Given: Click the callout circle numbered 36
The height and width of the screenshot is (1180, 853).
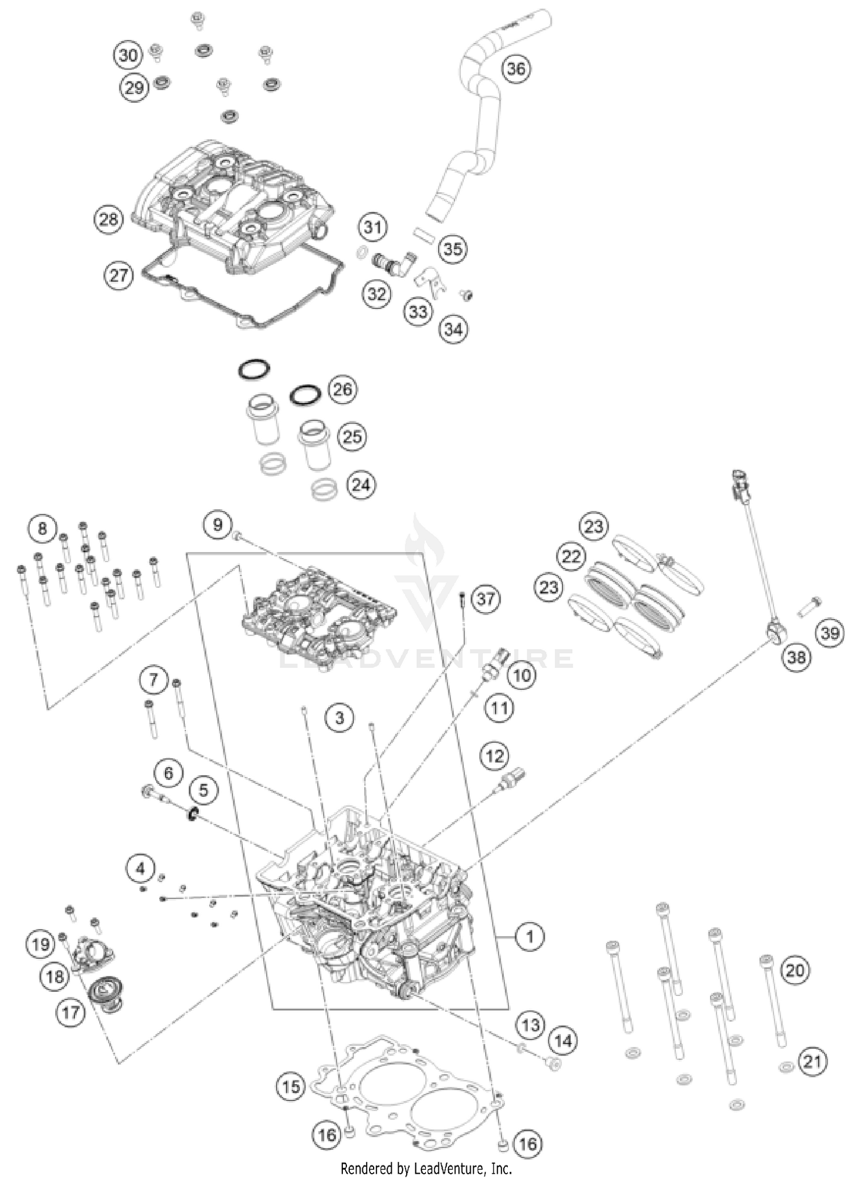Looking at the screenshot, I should pyautogui.click(x=516, y=69).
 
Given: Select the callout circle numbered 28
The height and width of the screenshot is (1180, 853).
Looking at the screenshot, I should pyautogui.click(x=109, y=219).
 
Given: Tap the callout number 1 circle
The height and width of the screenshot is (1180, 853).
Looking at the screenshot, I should pyautogui.click(x=530, y=936).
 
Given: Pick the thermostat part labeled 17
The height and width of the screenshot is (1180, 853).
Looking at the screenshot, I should pyautogui.click(x=106, y=996).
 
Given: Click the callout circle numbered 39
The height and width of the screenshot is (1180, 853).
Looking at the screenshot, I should pyautogui.click(x=830, y=633).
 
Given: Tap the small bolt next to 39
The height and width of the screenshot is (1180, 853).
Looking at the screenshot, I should pyautogui.click(x=808, y=606).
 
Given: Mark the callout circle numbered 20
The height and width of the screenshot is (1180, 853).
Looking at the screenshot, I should pyautogui.click(x=795, y=970).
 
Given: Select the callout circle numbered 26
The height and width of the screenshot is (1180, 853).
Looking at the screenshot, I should pyautogui.click(x=342, y=389).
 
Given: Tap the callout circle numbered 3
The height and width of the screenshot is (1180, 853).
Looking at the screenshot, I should pyautogui.click(x=339, y=718).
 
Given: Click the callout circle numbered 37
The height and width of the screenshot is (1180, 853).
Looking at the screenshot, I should pyautogui.click(x=486, y=599).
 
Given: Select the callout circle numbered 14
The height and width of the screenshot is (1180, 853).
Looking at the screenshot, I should pyautogui.click(x=562, y=1041).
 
